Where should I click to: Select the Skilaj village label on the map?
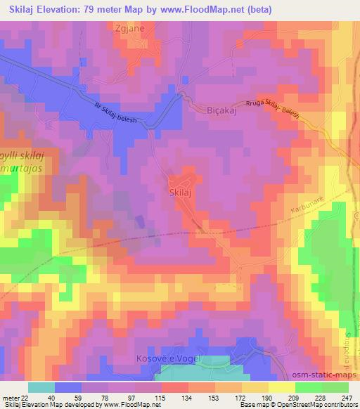[183, 190]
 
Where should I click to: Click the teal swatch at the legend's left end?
[41, 387]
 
